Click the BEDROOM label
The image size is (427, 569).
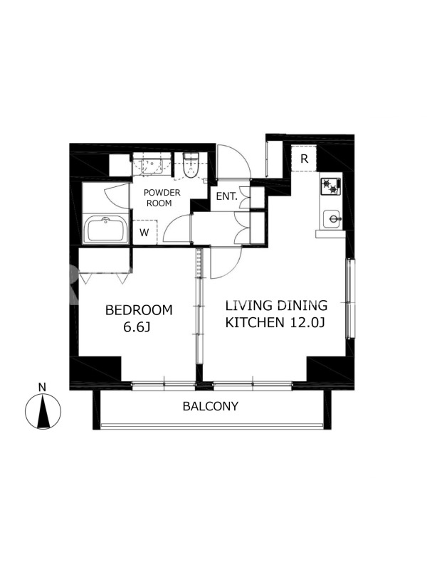point(139,310)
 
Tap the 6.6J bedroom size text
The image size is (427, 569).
point(137,327)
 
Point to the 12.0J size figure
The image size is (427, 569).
point(307,322)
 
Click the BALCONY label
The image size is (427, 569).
point(211,406)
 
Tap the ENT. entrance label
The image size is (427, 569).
point(226,197)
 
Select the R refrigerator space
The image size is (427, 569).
point(305,159)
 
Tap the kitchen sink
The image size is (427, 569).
point(332,219)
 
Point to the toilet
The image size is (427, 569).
point(190,166)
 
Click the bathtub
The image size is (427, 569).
point(105,230)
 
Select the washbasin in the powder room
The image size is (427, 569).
point(152,166)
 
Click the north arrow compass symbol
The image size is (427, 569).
point(43,411)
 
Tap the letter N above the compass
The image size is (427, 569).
point(43,387)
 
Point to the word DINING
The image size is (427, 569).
point(302,306)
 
